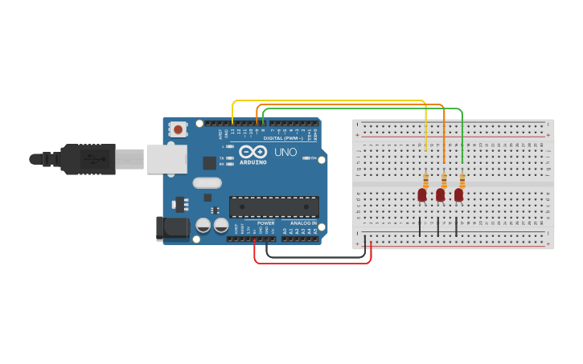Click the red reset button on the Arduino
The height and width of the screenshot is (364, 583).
(178, 129)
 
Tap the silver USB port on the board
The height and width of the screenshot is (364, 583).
(166, 158)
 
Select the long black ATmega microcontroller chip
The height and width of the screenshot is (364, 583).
(273, 207)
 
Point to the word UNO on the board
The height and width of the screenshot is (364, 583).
(285, 152)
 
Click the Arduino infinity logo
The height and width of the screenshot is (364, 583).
(252, 151)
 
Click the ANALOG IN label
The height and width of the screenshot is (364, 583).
(302, 223)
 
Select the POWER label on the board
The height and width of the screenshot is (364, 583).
(265, 223)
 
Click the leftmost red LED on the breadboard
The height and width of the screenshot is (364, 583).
(421, 194)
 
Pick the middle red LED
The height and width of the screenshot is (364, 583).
(440, 194)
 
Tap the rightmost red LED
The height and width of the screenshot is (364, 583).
(458, 194)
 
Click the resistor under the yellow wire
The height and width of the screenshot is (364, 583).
(425, 181)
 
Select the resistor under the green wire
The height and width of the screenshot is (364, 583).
(462, 181)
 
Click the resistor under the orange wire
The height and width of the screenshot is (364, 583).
(444, 181)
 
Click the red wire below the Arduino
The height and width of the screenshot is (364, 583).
(314, 263)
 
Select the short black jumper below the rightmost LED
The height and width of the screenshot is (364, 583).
(457, 226)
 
